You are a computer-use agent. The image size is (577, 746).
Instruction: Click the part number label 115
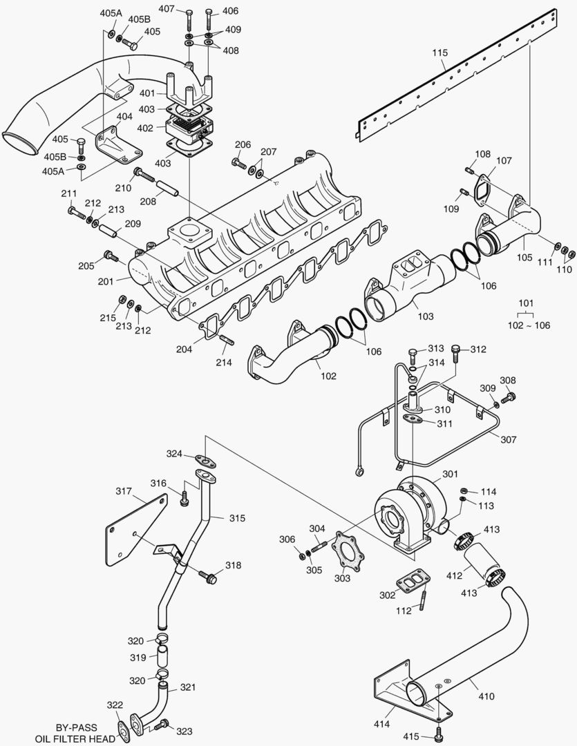coord(441,52)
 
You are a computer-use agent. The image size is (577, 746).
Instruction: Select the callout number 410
coord(486,696)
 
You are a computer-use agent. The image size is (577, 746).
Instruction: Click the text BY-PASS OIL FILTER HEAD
coord(76,733)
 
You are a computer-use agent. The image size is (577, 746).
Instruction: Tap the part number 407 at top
coord(167,9)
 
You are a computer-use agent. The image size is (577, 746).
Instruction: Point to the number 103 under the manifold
coord(426,316)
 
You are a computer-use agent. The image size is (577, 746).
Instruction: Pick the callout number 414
coord(382,724)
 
